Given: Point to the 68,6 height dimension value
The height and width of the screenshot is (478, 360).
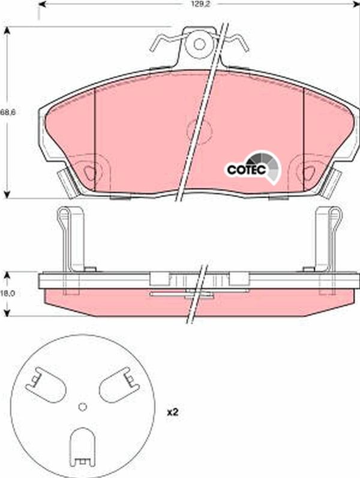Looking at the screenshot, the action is tap(8, 112).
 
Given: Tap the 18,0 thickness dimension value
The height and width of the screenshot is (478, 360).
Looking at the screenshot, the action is tap(8, 293).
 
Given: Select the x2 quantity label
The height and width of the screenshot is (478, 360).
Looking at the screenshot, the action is tap(172, 413).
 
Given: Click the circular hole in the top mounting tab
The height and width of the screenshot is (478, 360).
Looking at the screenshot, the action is tap(200, 44).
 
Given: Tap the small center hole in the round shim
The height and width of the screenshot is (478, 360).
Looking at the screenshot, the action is tap(82, 407).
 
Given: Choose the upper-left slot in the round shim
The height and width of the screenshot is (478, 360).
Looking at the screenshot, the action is tap(46, 385).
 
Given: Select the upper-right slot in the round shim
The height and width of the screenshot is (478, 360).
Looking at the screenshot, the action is tap(119, 385).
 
